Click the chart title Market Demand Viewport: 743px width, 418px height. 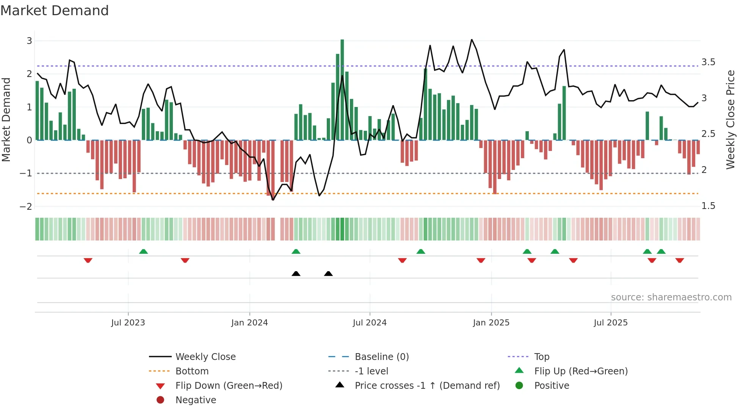(55, 11)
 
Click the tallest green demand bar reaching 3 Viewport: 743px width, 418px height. (342, 90)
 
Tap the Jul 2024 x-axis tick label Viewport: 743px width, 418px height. (370, 323)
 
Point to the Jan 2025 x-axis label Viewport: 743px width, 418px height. (491, 323)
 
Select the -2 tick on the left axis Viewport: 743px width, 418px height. (26, 207)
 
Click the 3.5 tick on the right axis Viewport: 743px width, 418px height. (708, 62)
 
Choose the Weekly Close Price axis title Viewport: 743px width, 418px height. (730, 119)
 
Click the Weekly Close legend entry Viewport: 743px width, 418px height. (205, 357)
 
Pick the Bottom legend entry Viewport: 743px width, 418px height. (192, 371)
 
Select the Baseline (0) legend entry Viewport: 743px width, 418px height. (381, 357)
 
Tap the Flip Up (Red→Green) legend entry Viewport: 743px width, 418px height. (581, 371)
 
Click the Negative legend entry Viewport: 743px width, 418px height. (196, 400)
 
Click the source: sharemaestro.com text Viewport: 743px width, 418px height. (671, 297)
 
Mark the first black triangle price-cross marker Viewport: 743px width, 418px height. (296, 273)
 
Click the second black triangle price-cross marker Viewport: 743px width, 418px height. (329, 273)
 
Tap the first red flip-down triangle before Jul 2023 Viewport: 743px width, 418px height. (88, 260)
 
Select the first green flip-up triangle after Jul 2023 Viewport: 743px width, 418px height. (143, 251)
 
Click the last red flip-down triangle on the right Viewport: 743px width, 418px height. (680, 260)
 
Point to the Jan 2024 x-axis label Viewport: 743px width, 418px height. (249, 323)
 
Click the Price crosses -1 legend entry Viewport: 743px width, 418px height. (427, 386)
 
